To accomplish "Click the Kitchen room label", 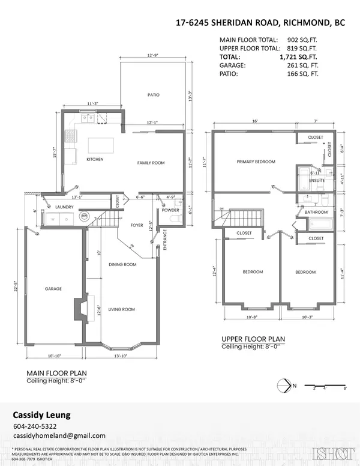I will [x=95, y=160].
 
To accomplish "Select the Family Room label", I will [x=151, y=163].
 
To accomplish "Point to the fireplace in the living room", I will [x=79, y=309].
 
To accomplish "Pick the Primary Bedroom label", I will [x=256, y=162].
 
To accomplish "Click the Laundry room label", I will [x=64, y=207].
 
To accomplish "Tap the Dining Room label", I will [x=122, y=264].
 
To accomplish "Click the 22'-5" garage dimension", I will [x=13, y=288].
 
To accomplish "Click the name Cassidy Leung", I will [x=42, y=415].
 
